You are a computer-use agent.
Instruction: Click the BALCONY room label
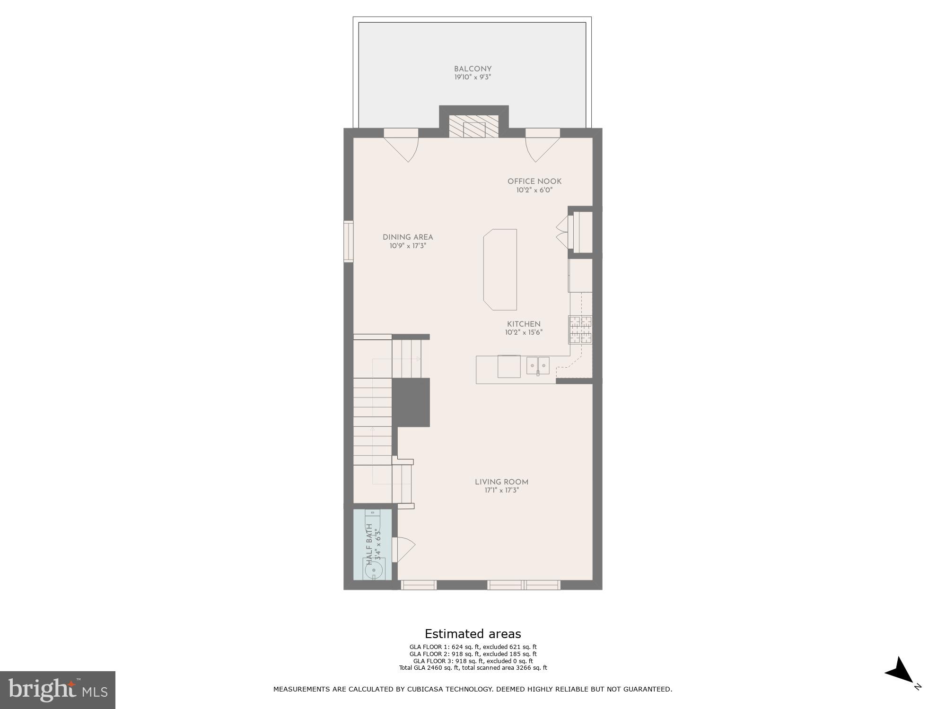tap(473, 69)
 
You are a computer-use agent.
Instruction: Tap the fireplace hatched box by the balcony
tap(473, 127)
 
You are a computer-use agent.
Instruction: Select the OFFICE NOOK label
tap(534, 182)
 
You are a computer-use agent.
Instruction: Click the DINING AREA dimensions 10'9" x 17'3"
tap(408, 246)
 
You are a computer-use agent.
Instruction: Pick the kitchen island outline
tap(500, 269)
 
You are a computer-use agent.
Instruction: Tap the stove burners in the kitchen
tap(580, 329)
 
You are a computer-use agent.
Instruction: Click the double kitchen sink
tap(538, 365)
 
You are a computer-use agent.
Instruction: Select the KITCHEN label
tap(524, 324)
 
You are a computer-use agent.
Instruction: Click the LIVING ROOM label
tap(501, 482)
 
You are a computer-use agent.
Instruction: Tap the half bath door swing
tap(404, 549)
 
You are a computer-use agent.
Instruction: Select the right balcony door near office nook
tap(542, 148)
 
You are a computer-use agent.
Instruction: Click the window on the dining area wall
tap(349, 241)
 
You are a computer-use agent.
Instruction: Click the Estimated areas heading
tap(473, 634)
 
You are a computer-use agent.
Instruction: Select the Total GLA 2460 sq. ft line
tap(473, 668)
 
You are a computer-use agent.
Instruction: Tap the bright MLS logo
tap(57, 690)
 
